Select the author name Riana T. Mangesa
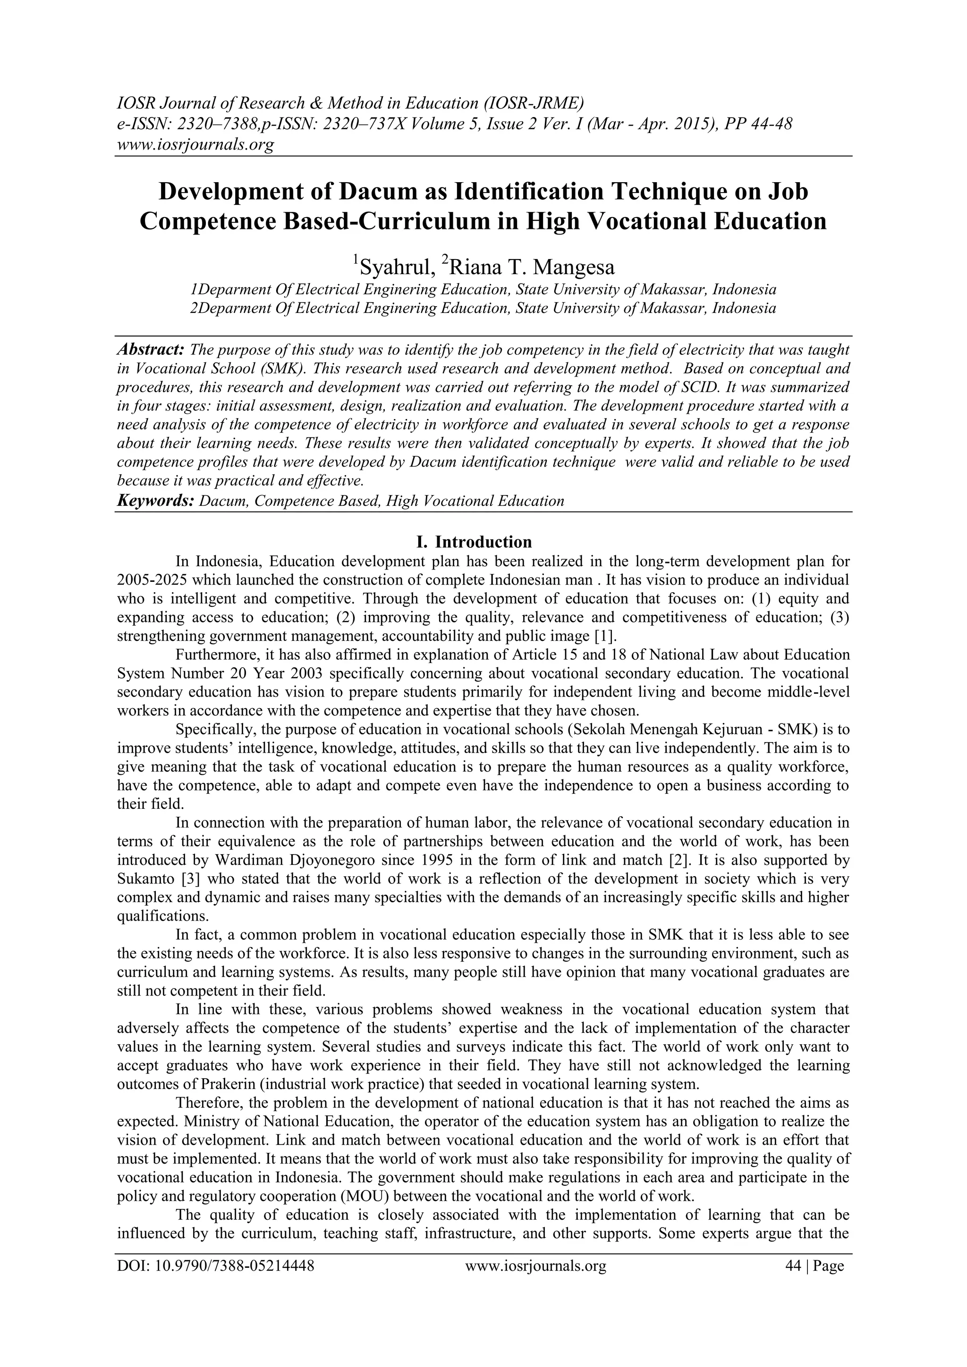tap(530, 267)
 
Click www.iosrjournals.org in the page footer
tap(535, 1283)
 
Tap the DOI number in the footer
tap(216, 1283)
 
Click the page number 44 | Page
tap(815, 1283)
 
